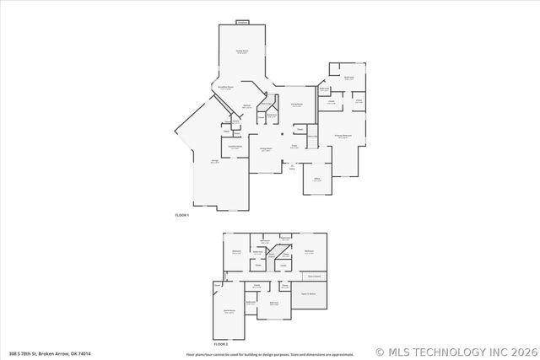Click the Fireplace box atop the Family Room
[242, 22]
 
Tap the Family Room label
[240, 52]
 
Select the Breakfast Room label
[225, 88]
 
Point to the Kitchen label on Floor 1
[247, 105]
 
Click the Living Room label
[297, 105]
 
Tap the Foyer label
[294, 145]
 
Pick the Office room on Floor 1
[317, 180]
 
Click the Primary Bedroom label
[342, 136]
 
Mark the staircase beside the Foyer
[311, 138]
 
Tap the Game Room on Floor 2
[229, 311]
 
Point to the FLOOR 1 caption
[181, 217]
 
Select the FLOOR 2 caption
[221, 345]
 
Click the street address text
[50, 353]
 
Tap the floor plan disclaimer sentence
[270, 354]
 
